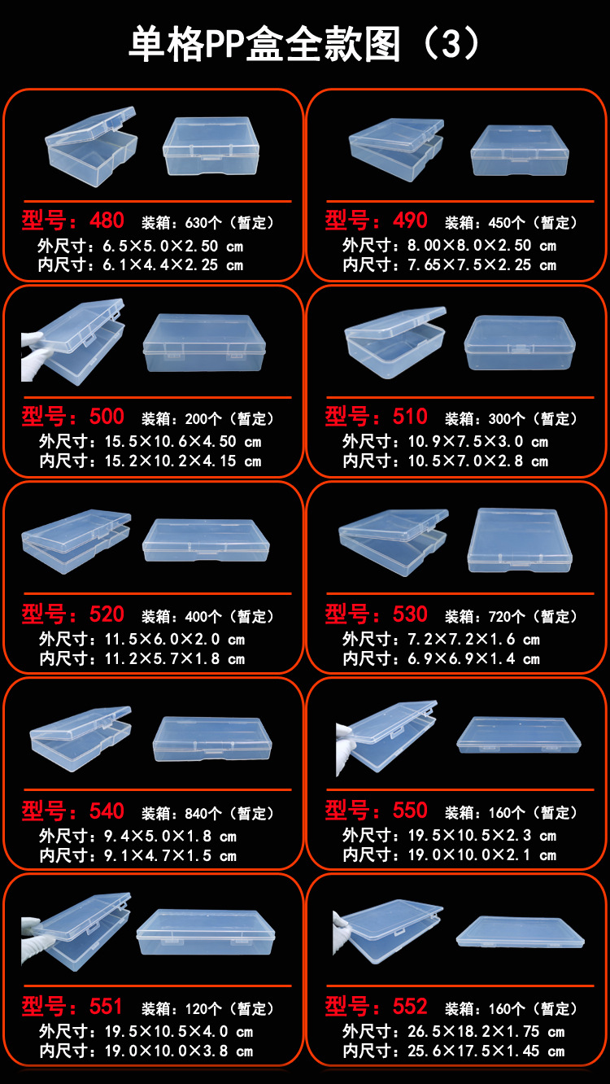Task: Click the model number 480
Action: (107, 221)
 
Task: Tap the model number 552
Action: (410, 1007)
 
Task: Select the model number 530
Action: (410, 614)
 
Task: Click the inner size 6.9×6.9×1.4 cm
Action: (473, 658)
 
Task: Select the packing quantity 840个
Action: (204, 813)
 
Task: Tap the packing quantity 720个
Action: (508, 616)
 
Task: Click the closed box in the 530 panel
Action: (519, 540)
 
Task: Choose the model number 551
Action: (107, 1007)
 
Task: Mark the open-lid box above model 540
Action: (81, 732)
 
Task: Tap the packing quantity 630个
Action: (204, 222)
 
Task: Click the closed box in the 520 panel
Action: (205, 540)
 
